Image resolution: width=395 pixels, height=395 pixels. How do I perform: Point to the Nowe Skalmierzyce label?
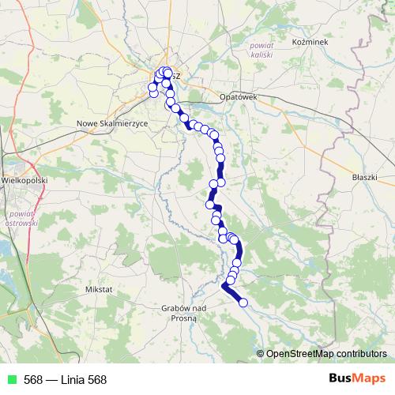112,124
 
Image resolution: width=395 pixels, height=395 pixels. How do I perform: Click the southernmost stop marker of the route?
243,303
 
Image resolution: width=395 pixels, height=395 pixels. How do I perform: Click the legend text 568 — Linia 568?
65,380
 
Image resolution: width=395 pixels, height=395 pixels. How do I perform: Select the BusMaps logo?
357,379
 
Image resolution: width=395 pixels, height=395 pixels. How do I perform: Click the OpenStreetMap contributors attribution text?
327,353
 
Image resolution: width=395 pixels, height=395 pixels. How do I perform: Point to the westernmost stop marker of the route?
152,88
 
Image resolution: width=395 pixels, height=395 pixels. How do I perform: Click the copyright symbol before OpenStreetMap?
261,353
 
